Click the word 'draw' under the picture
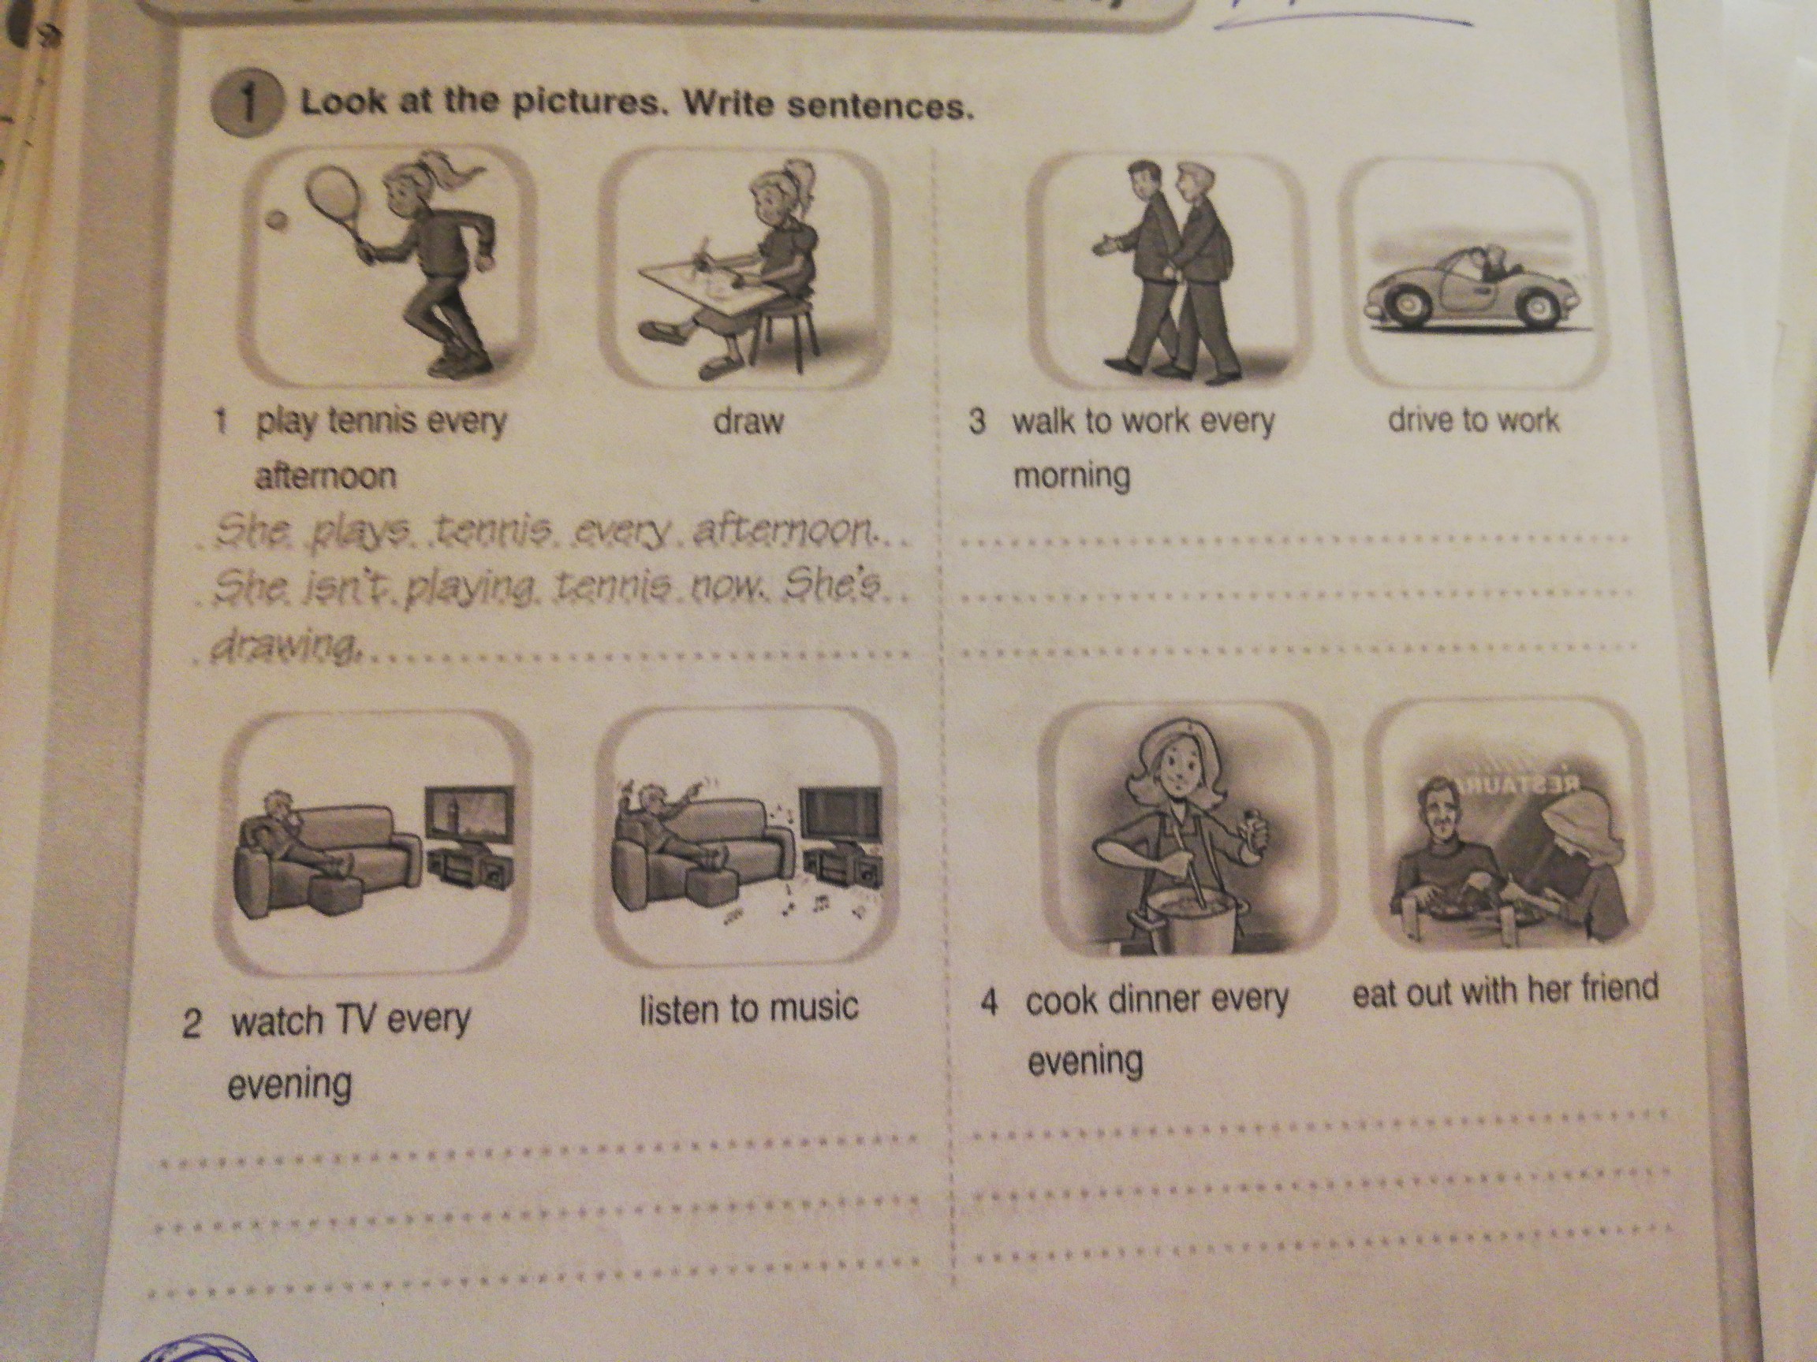748,422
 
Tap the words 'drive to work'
1473,420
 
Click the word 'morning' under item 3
1072,475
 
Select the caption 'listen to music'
749,1007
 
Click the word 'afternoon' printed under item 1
325,477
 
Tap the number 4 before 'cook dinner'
991,1004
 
